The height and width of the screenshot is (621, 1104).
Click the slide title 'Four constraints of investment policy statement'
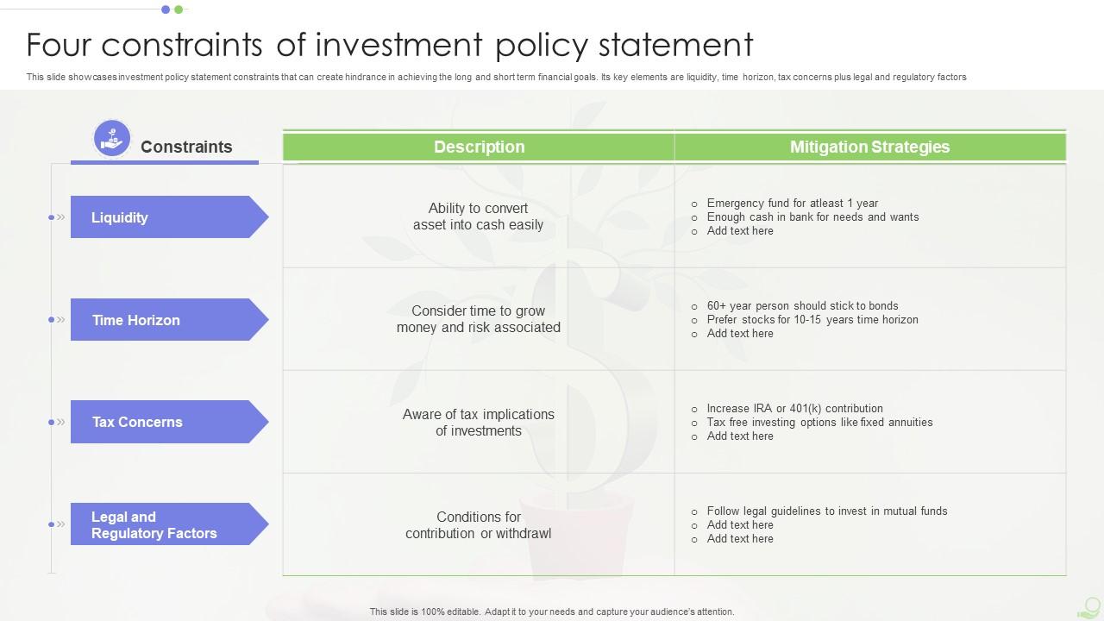click(x=390, y=44)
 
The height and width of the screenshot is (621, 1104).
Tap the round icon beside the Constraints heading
click(x=112, y=139)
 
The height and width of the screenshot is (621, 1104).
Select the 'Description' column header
click(x=479, y=147)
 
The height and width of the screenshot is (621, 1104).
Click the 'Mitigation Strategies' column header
click(x=869, y=147)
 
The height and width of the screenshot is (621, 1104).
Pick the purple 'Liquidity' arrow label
click(x=164, y=217)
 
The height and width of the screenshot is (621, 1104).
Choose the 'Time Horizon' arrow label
click(x=164, y=320)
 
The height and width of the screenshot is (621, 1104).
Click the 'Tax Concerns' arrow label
click(x=164, y=422)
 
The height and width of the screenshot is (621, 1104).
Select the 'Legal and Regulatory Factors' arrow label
click(x=164, y=524)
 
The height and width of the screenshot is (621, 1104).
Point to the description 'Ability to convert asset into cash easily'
click(x=478, y=216)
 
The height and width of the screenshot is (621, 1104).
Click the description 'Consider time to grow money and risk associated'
click(x=478, y=319)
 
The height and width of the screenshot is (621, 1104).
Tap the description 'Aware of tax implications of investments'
click(x=478, y=423)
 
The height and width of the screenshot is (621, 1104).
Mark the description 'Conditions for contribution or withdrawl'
click(x=478, y=524)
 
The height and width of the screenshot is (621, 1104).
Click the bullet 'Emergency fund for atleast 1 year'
click(x=792, y=204)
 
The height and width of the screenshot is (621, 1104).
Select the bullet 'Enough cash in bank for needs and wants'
click(x=812, y=217)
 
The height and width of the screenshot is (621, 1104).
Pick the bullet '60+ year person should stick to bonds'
click(x=802, y=306)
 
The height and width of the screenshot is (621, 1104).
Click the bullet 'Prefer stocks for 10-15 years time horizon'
click(x=812, y=320)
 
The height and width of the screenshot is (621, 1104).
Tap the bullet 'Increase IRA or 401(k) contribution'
click(x=794, y=409)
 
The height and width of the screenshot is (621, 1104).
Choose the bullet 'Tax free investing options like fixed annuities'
click(x=819, y=423)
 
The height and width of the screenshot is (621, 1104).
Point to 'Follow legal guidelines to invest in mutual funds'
click(x=826, y=511)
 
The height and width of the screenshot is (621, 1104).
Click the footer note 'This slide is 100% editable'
click(x=552, y=612)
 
